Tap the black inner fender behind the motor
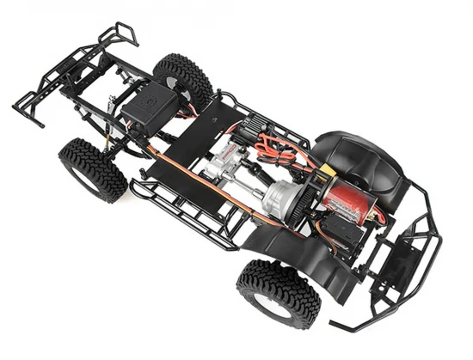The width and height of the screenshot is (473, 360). tap(361, 163)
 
